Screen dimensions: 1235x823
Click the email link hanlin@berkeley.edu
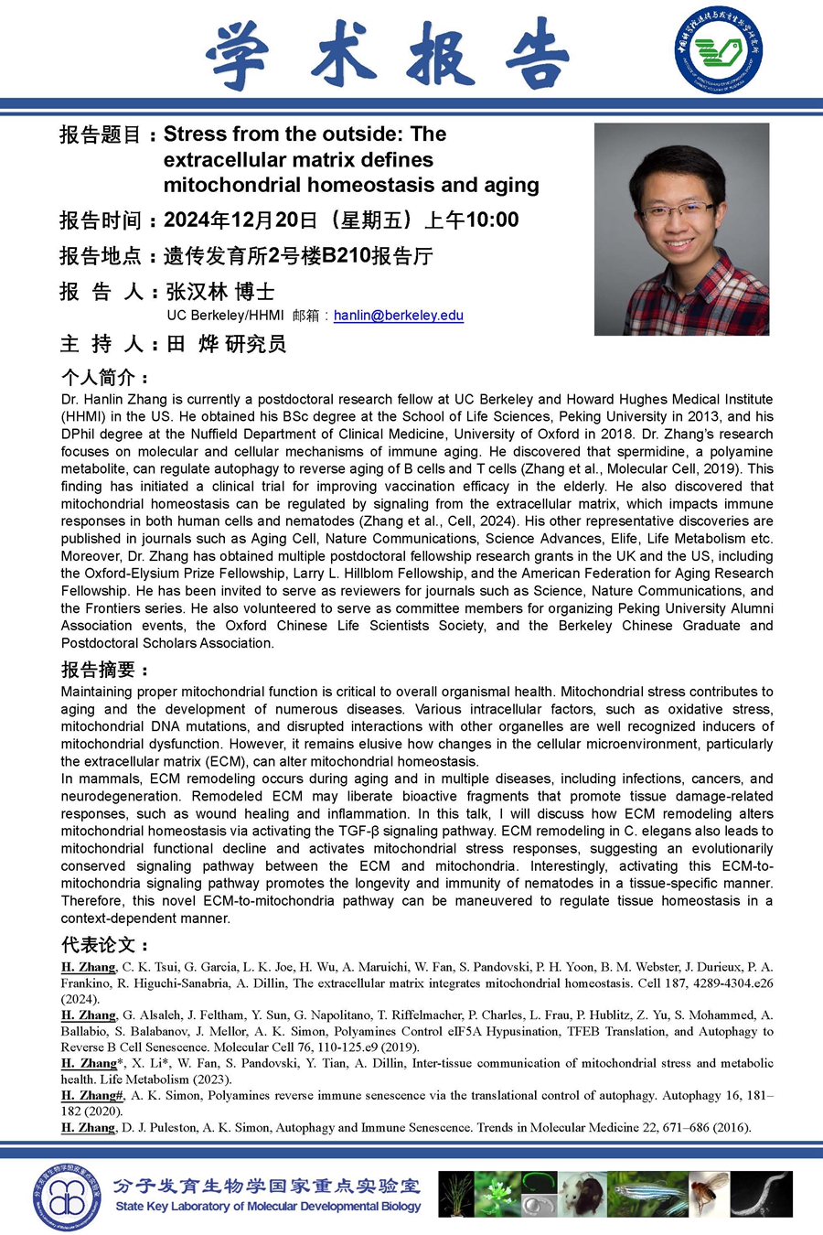(x=398, y=316)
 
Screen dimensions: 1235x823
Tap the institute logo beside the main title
(x=719, y=49)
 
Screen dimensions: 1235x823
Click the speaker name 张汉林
(x=197, y=292)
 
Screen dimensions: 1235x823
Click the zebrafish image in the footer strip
(x=639, y=1194)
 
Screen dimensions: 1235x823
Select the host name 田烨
(x=193, y=344)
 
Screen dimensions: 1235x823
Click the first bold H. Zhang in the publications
(x=89, y=967)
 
